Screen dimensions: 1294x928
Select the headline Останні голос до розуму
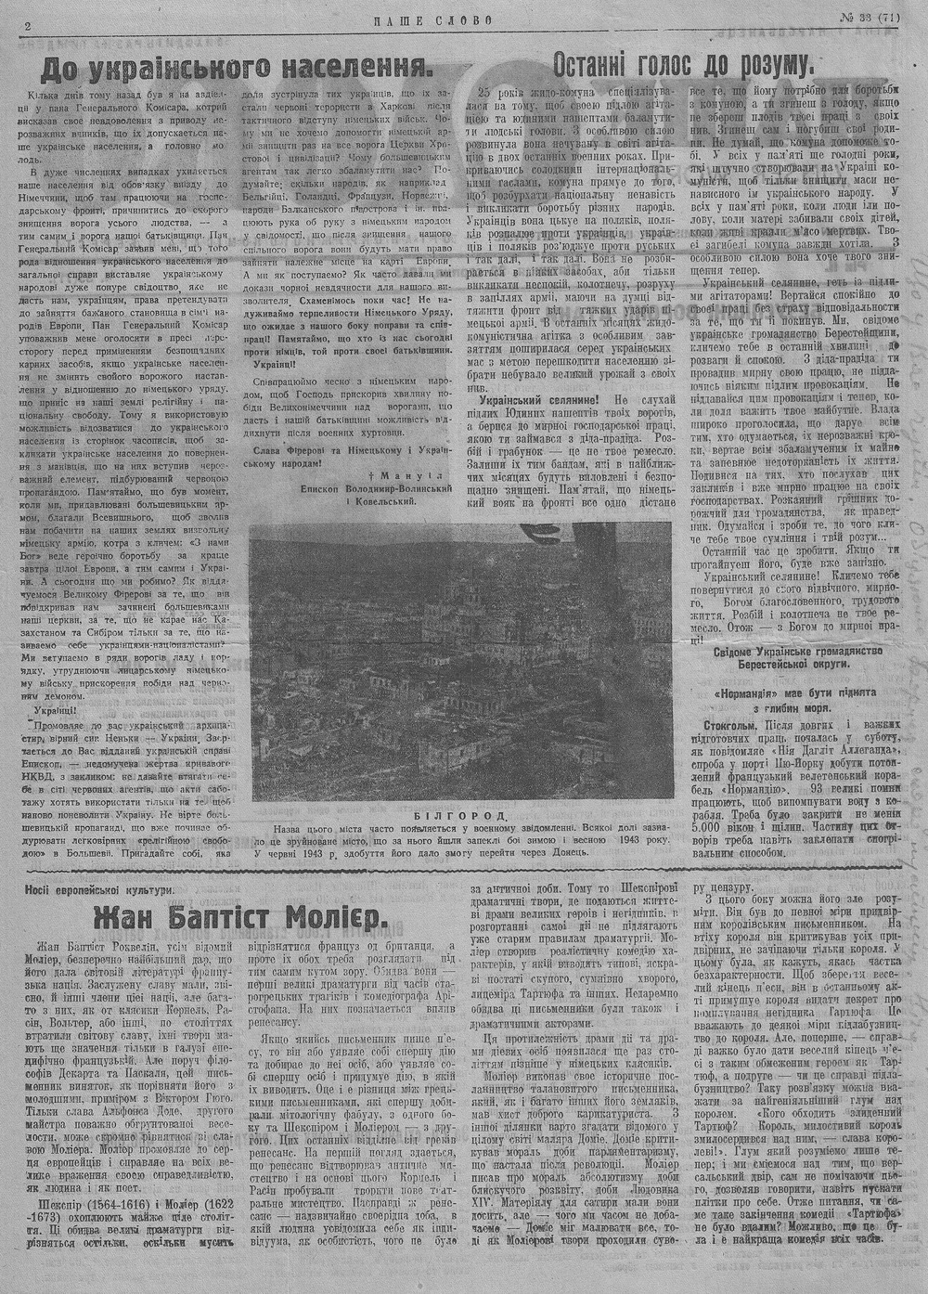682,64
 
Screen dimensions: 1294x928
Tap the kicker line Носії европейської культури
100,887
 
